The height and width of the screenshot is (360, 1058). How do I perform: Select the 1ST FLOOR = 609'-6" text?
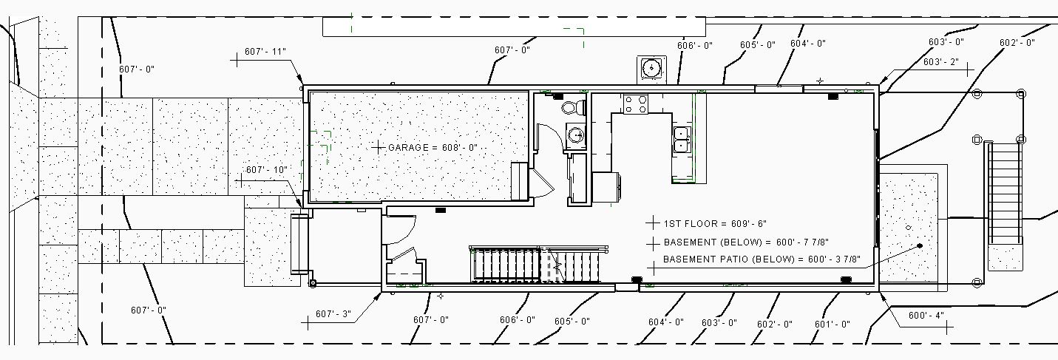click(x=705, y=223)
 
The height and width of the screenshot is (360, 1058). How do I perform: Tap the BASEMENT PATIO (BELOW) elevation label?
click(x=762, y=259)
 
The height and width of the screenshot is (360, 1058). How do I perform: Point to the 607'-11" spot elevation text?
click(x=265, y=52)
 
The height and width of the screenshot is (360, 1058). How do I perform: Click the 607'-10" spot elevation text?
click(x=266, y=170)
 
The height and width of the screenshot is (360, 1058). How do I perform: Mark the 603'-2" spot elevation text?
click(x=940, y=62)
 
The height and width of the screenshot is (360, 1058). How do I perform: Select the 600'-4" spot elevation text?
click(x=926, y=316)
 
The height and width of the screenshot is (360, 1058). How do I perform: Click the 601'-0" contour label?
click(x=832, y=324)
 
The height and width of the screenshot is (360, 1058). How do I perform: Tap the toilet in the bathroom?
click(x=573, y=107)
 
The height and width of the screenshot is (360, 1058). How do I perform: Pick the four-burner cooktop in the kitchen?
click(x=636, y=104)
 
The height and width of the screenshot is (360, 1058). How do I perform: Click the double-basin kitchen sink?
click(x=682, y=140)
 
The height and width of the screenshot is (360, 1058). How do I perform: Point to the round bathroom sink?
click(x=575, y=135)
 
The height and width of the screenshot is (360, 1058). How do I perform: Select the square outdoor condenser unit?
click(x=651, y=68)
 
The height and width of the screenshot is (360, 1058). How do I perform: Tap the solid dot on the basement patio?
click(x=920, y=245)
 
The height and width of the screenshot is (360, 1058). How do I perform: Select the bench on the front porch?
click(x=299, y=245)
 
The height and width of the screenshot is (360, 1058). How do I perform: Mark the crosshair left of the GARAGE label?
click(x=379, y=148)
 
